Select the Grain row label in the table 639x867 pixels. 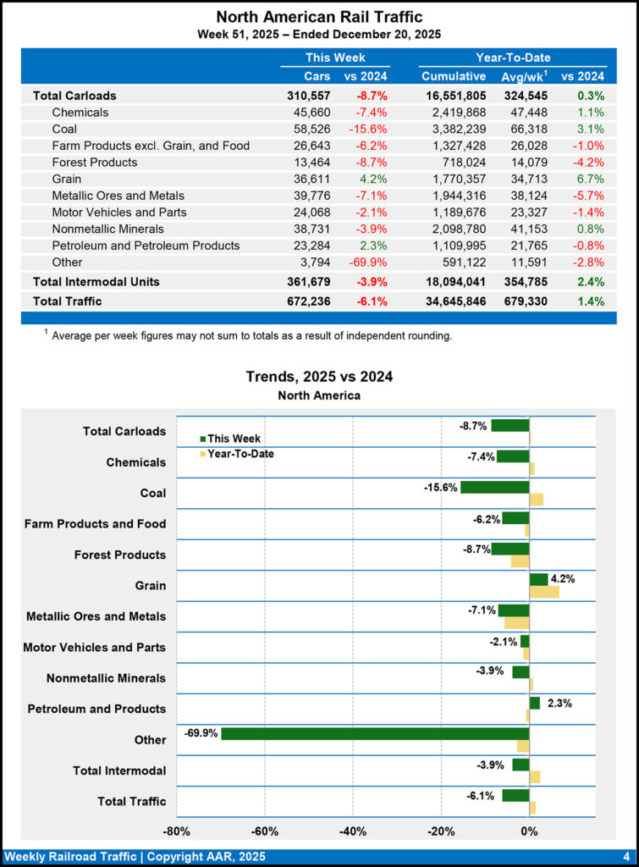pos(67,179)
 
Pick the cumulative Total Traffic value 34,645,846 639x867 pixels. pos(454,301)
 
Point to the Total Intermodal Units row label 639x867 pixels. pos(96,281)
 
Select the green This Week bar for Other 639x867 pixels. pos(375,733)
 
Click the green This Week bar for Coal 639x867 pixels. pos(494,487)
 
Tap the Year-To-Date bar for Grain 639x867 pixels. pos(544,592)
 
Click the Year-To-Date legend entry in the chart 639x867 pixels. pos(240,454)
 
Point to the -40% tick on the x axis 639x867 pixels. pos(353,831)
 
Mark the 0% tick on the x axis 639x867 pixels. pos(529,831)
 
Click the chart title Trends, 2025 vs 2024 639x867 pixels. pos(319,377)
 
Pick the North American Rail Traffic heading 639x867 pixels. pos(319,17)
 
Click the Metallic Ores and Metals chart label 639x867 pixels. pos(96,616)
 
